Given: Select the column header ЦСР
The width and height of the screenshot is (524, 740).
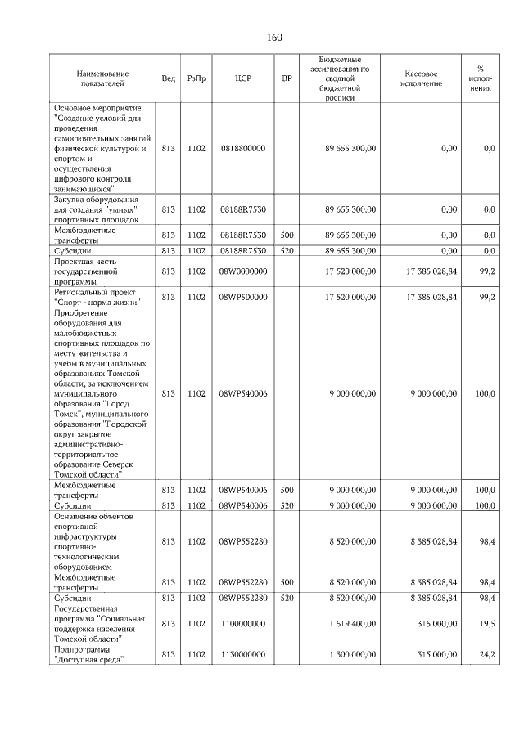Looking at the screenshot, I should tap(242, 78).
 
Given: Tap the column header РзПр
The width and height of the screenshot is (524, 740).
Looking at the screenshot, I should tap(196, 78).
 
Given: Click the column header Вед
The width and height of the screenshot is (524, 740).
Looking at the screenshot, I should tap(168, 78).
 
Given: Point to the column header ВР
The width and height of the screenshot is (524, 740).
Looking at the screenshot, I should tap(287, 78).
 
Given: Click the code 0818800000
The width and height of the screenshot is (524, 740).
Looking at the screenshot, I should tap(242, 148).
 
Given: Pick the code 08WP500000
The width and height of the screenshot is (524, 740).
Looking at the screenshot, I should tap(242, 297).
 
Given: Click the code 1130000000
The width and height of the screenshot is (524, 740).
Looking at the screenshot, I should tap(242, 656).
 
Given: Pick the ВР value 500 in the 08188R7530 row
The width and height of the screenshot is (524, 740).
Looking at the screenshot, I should tap(287, 235).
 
